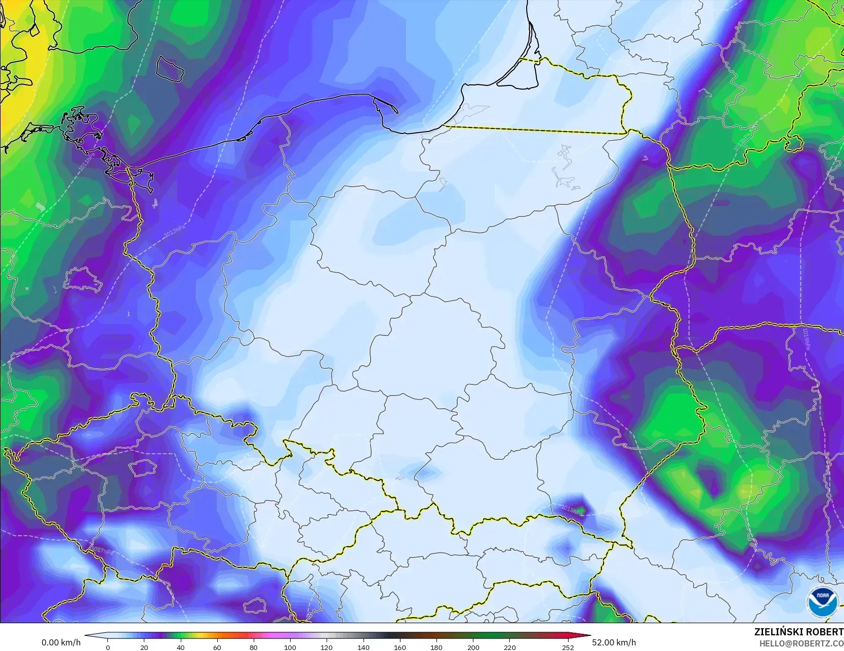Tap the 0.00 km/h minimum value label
(61, 642)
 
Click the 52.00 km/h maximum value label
(614, 642)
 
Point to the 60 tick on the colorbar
(217, 647)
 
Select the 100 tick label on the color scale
(290, 647)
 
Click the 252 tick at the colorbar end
(568, 647)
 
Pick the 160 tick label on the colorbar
(400, 647)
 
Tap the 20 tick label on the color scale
(144, 647)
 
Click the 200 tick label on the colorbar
(473, 647)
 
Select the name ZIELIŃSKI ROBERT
(798, 632)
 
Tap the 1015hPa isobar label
(572, 508)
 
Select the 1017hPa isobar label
(101, 549)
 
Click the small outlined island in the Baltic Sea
(169, 68)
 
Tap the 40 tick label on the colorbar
(181, 647)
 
